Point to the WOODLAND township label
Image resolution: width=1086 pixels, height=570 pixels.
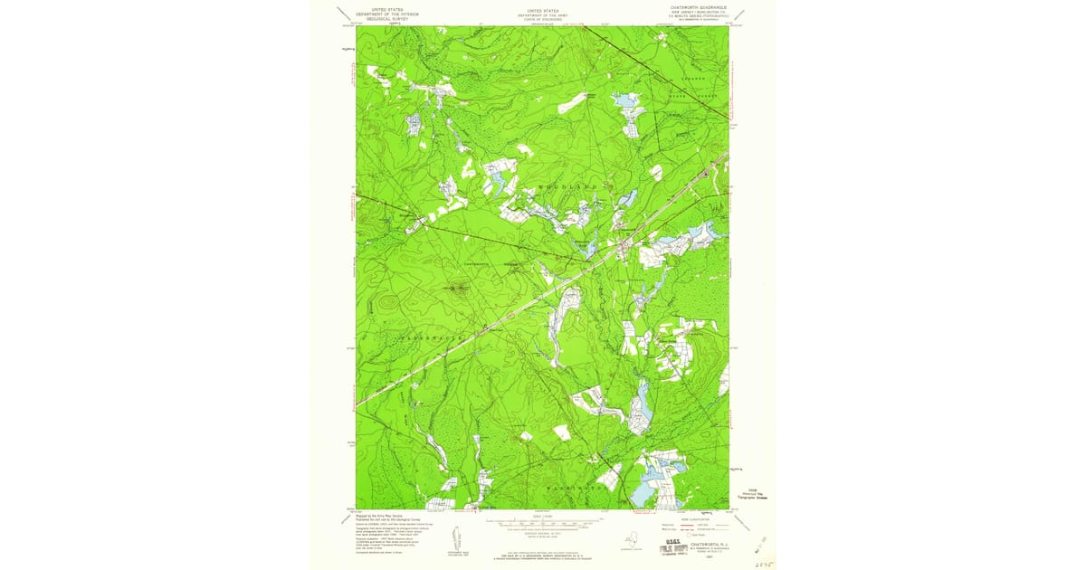point(568,185)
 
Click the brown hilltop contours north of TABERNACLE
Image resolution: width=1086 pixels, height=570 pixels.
point(457,290)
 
